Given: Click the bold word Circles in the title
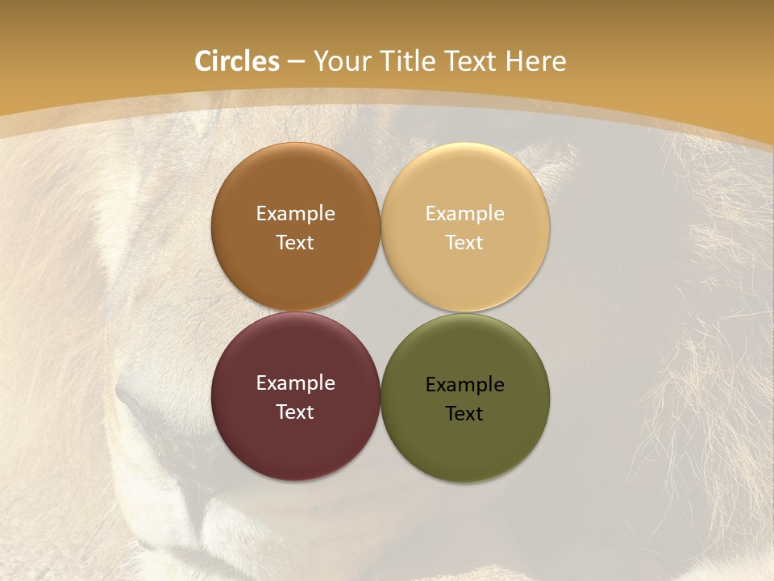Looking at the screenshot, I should (237, 61).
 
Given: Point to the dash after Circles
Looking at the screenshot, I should (296, 62).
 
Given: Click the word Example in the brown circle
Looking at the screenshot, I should (295, 213).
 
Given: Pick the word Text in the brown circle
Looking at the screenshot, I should (295, 242).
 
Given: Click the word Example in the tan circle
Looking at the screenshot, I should (464, 213).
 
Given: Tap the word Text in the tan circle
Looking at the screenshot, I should (464, 242).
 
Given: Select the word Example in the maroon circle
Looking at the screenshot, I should (295, 382).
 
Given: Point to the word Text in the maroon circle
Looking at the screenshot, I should (295, 412).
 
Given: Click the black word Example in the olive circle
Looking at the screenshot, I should (464, 384).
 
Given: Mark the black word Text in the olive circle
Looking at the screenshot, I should (464, 413).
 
